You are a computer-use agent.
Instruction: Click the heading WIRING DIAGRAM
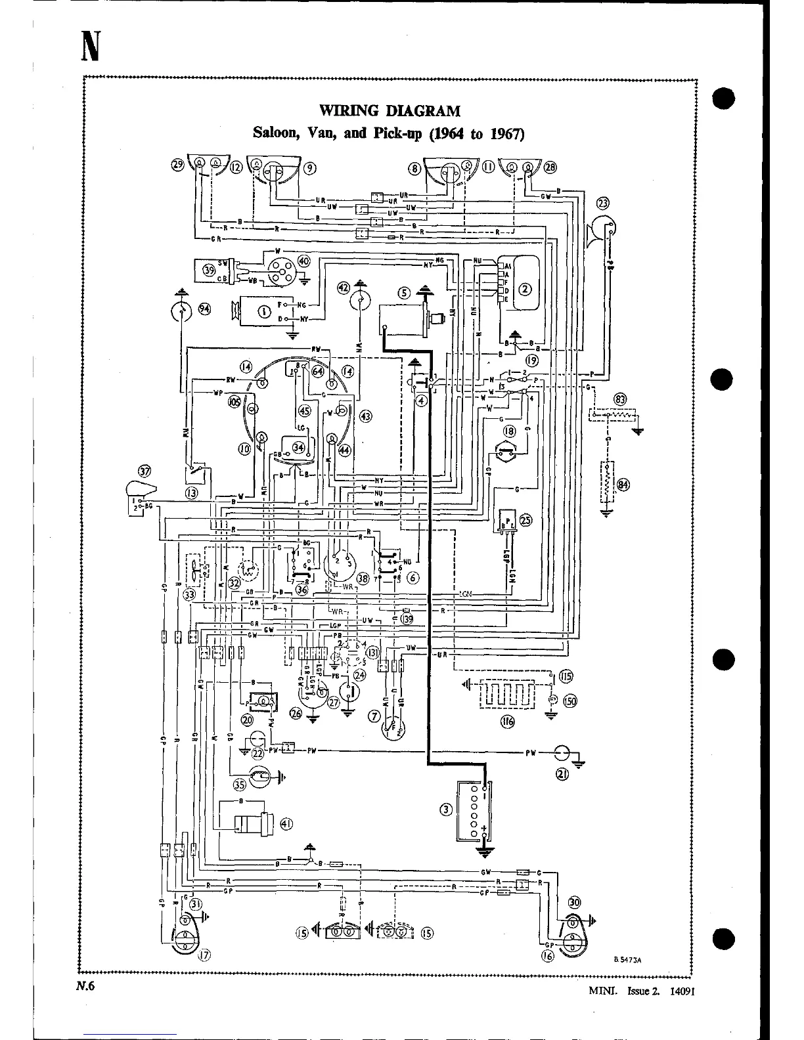(390, 110)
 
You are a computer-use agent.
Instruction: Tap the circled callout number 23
(603, 203)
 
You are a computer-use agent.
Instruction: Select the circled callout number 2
(525, 288)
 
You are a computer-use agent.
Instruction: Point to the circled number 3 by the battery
(447, 810)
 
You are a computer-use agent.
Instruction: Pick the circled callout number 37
(145, 471)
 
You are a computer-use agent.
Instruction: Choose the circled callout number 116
(507, 722)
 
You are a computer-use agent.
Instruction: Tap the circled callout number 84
(623, 485)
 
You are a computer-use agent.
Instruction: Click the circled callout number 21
(562, 775)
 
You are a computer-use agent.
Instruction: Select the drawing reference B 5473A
(627, 959)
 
